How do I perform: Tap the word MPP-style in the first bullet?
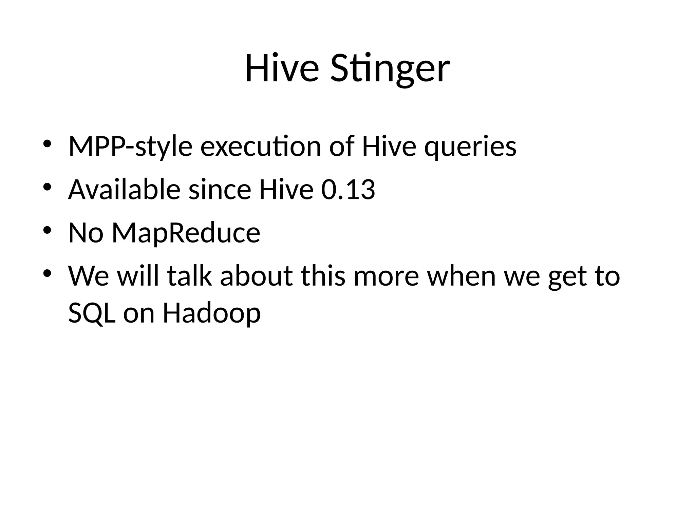(130, 147)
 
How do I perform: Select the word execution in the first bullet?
(261, 147)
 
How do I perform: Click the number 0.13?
(348, 190)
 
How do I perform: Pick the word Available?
(124, 190)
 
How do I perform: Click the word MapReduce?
(186, 233)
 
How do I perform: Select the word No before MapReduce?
(86, 233)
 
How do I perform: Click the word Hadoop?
(212, 313)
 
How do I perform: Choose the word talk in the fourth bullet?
(189, 276)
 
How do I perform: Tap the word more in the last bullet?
(386, 276)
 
